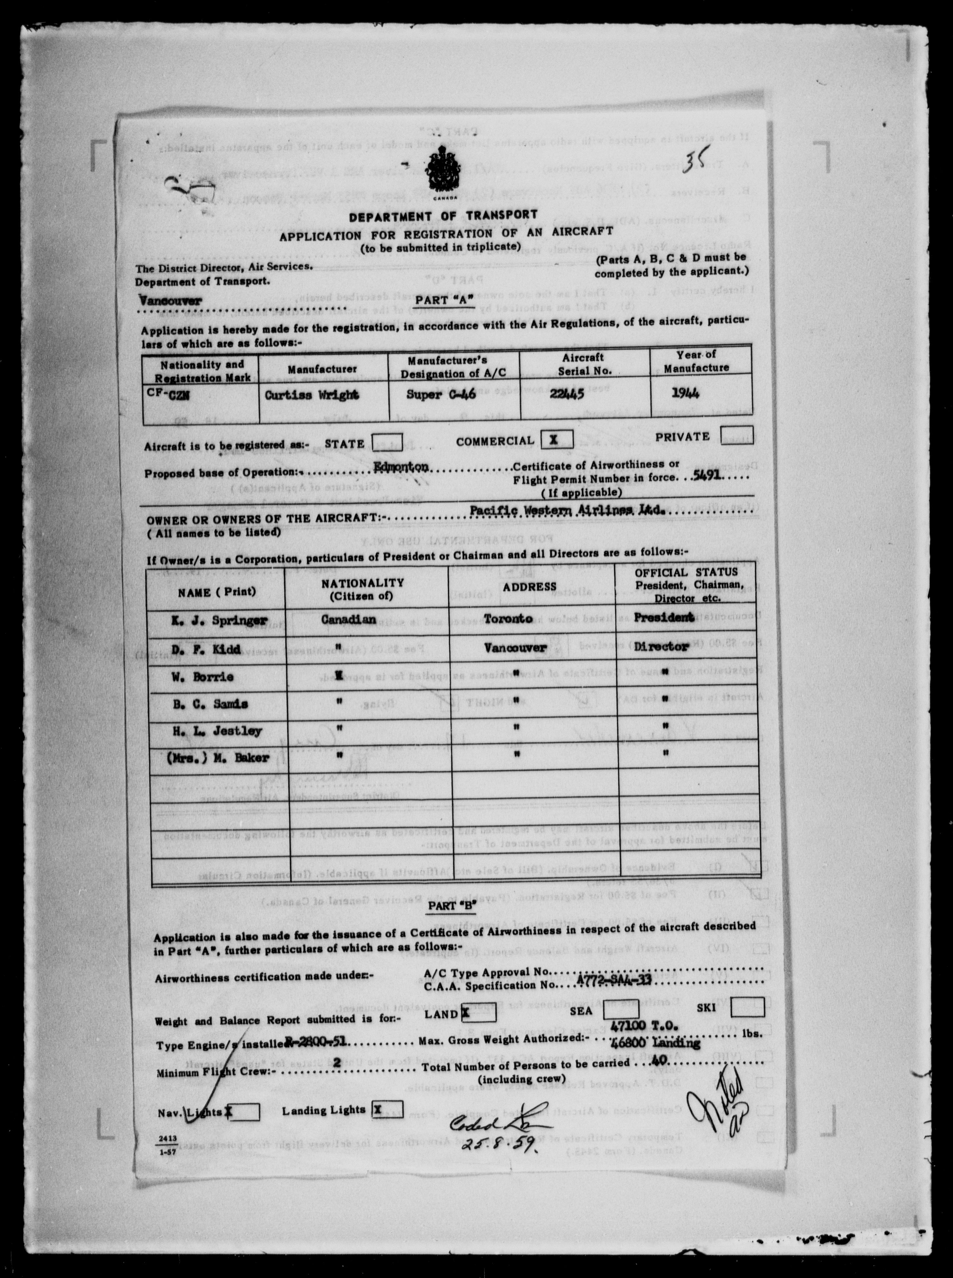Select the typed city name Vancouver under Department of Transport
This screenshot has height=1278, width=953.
click(x=170, y=300)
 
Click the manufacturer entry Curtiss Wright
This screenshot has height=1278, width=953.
click(x=311, y=395)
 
